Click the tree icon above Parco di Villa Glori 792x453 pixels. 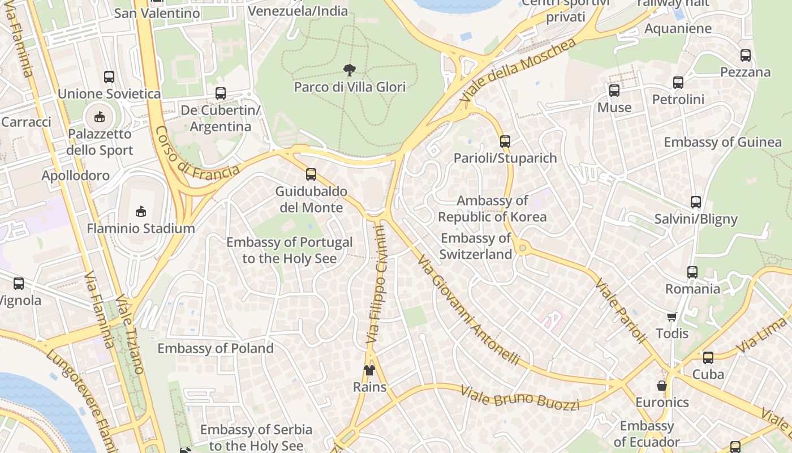(x=350, y=70)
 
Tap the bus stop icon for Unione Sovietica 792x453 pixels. (x=109, y=76)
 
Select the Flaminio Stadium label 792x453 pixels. (x=140, y=229)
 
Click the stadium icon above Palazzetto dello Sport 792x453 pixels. (x=100, y=117)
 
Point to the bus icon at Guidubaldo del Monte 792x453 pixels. (x=311, y=174)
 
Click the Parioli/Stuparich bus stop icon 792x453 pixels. (x=505, y=141)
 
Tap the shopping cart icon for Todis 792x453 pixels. (x=672, y=317)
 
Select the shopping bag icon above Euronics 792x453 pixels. (x=661, y=386)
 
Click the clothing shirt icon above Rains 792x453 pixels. (x=369, y=370)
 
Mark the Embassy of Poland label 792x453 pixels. (x=215, y=348)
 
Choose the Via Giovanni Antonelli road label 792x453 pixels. (x=468, y=310)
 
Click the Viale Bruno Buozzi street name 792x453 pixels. (x=519, y=398)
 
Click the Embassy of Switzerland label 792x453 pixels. (x=476, y=246)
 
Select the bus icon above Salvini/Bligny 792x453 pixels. (x=695, y=202)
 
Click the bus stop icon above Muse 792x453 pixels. (x=614, y=90)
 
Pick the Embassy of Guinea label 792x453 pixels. (x=722, y=142)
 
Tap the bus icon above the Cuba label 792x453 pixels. (x=708, y=358)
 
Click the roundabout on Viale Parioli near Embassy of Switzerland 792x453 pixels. (x=522, y=247)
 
